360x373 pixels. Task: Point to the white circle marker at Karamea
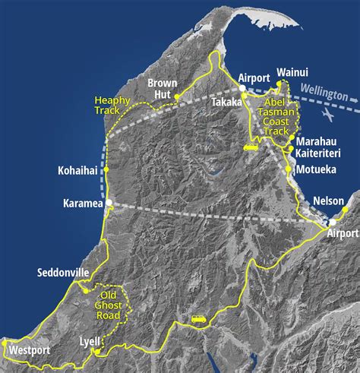[x=109, y=203]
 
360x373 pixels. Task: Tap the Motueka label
[x=317, y=169]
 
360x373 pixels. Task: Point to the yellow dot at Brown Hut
[x=176, y=97]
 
